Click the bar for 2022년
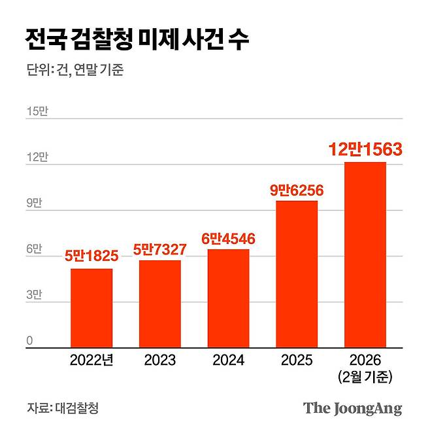tap(91, 308)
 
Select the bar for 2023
tap(159, 304)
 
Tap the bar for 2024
tap(228, 298)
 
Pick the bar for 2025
tap(296, 274)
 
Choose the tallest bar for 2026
tap(365, 255)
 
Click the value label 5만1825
tap(91, 257)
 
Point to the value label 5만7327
tap(159, 249)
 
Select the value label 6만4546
tap(228, 238)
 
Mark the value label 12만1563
tap(365, 150)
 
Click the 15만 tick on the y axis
tap(37, 112)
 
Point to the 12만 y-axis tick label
tap(37, 158)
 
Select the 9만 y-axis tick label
tap(34, 203)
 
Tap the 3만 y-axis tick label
tap(34, 296)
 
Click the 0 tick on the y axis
tap(29, 341)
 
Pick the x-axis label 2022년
tap(91, 360)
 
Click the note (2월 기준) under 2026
tap(365, 377)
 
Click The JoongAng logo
tap(352, 409)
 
